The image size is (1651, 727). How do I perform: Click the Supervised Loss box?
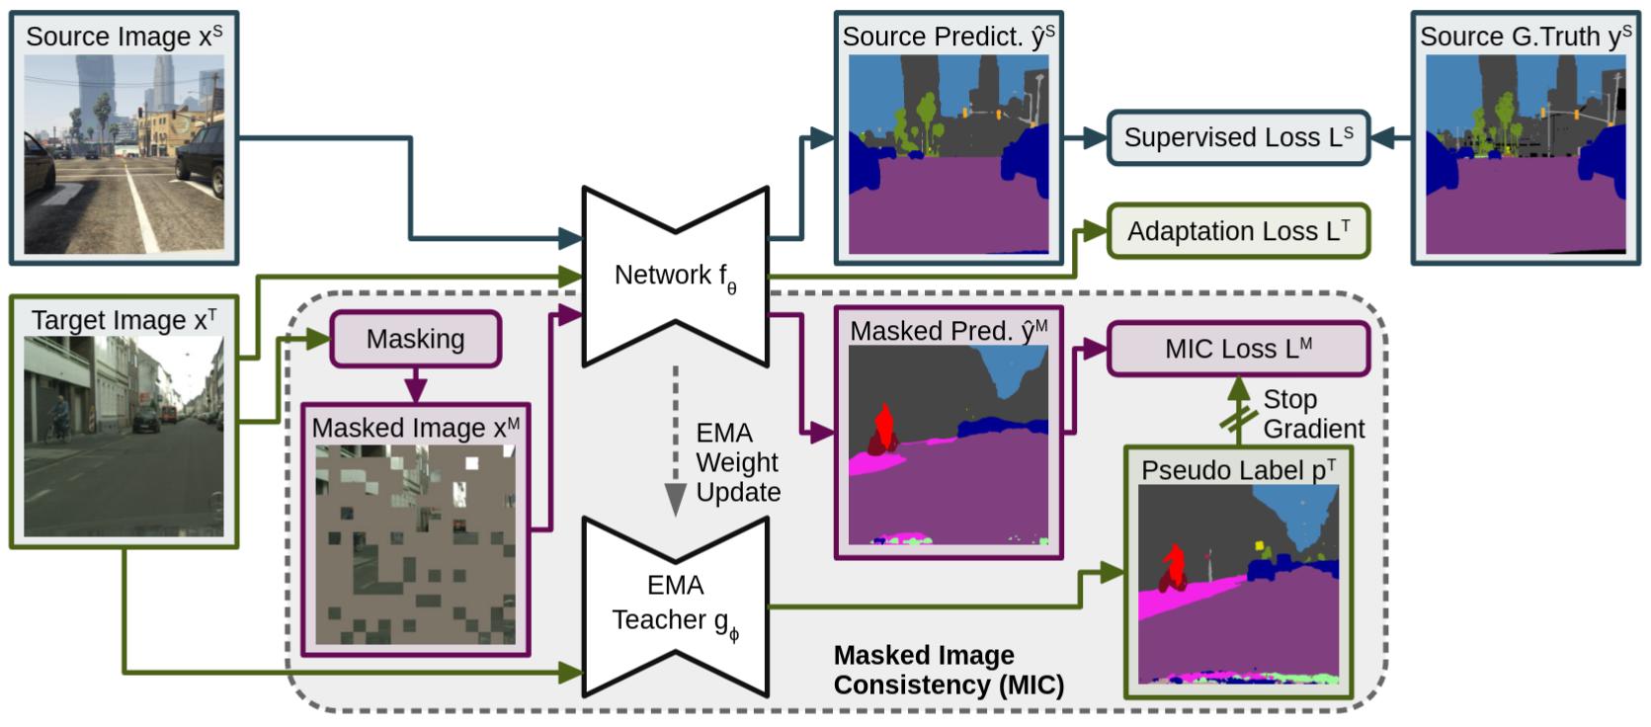point(1238,137)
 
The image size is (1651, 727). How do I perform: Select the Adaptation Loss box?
point(1238,231)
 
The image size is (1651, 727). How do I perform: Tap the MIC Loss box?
point(1238,349)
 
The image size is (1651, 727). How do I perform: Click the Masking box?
point(415,339)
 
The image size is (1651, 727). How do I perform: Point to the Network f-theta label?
point(675,277)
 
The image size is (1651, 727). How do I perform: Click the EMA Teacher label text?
point(675,604)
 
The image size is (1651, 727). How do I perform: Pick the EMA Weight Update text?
point(737,462)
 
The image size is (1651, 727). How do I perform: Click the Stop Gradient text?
point(1313,414)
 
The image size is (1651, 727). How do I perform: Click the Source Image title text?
point(124,37)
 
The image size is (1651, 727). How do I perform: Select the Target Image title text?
point(124,320)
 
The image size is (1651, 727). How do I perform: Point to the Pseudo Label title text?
point(1238,470)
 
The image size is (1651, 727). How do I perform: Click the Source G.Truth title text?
point(1525,37)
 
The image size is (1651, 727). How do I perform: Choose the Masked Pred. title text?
point(948,331)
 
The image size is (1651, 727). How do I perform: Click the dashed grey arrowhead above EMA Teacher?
point(675,499)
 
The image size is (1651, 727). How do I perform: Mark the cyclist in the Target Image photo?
point(60,417)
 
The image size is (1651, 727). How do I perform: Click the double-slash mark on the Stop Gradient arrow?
point(1238,420)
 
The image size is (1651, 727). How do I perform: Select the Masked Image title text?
point(415,428)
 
